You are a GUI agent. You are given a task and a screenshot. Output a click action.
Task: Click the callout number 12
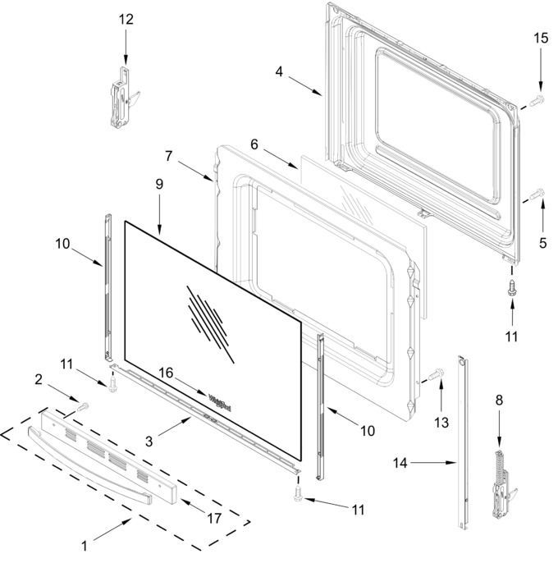coord(126,19)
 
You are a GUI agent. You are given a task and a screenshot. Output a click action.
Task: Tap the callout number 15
coord(541,38)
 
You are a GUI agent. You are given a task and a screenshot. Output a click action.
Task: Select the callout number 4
coord(279,71)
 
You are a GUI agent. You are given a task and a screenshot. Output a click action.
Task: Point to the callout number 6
coord(254,144)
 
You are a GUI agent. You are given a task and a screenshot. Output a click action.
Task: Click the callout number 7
coord(168,156)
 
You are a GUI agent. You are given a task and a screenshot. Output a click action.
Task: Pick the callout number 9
coord(159,184)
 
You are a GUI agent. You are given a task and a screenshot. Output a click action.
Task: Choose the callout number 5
coord(542,243)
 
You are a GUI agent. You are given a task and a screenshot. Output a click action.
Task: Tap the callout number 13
coord(441,423)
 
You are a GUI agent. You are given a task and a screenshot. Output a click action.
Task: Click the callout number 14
coord(400,463)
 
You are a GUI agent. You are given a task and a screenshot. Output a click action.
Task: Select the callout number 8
coord(499,401)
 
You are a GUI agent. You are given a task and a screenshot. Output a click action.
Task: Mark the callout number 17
coord(214,519)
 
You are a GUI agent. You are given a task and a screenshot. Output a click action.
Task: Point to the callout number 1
coord(85,546)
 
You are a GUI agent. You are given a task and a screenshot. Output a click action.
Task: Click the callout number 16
coord(166,373)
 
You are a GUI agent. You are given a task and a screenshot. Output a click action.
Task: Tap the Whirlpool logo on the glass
coord(219,403)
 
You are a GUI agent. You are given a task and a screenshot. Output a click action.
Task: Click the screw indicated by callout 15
coord(537,100)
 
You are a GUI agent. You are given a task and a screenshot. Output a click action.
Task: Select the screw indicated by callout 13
coord(436,374)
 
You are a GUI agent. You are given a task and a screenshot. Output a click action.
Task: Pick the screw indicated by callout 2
coord(83,407)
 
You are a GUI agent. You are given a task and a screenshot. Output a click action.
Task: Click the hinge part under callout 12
coord(123,98)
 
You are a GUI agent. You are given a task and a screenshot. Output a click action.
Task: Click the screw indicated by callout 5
coord(537,195)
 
